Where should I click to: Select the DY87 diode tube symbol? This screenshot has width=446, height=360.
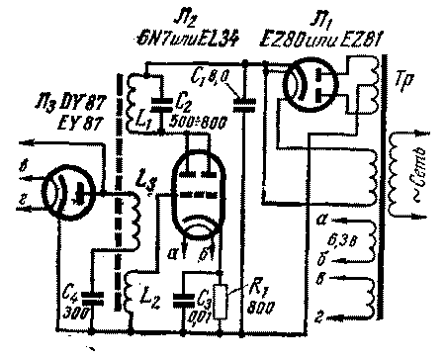pyautogui.click(x=60, y=192)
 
